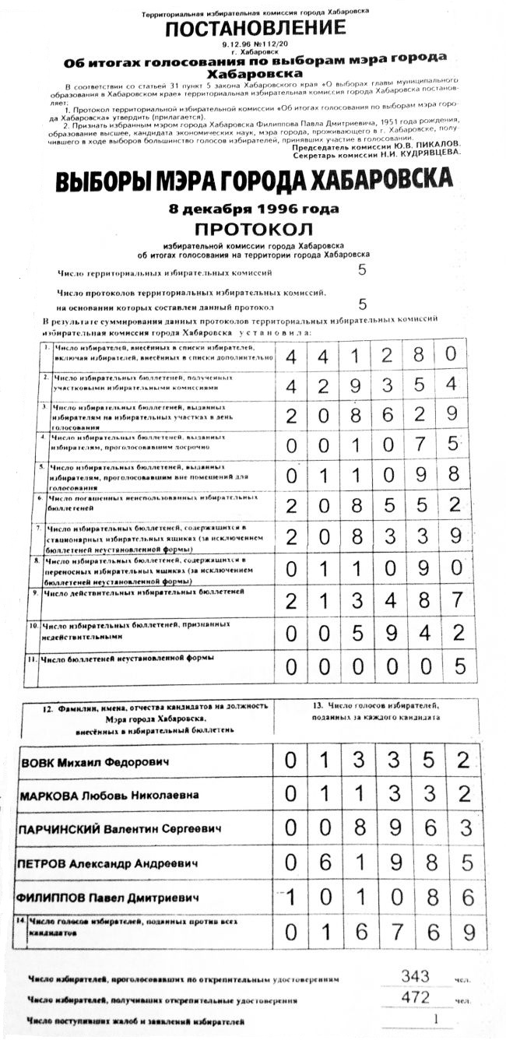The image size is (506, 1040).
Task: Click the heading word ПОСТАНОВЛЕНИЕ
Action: [255, 29]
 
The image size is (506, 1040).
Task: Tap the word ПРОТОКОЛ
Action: [253, 230]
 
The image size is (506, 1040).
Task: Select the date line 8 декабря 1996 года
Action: [254, 209]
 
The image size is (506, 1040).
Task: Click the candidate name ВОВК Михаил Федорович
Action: [83, 761]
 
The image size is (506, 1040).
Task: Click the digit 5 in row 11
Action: [460, 666]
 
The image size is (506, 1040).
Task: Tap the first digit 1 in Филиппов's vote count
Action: [291, 897]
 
